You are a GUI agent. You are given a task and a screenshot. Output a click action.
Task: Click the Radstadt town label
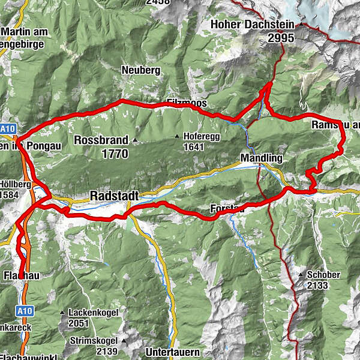tap(114, 196)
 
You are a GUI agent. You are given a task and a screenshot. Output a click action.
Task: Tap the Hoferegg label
tap(199, 136)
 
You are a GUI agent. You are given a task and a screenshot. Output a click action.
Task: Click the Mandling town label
tap(260, 158)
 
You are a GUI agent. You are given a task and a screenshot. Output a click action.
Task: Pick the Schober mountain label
tap(323, 275)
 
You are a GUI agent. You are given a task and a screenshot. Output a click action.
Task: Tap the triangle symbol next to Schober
tap(300, 275)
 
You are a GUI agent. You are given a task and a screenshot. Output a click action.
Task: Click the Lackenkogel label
tap(93, 313)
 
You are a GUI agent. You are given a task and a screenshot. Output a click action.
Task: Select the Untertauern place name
tap(172, 352)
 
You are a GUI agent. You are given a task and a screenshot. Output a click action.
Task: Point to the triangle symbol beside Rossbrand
tap(135, 140)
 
